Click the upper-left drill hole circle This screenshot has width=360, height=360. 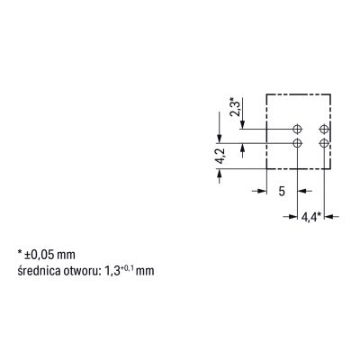297,130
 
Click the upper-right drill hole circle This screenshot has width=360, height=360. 324,130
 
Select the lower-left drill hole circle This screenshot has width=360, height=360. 297,143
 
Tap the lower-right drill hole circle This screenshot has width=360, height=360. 324,143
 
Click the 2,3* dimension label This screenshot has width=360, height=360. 235,106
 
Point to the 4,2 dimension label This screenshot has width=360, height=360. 220,157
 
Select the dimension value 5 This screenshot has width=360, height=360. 282,191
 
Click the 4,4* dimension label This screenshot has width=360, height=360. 311,217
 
